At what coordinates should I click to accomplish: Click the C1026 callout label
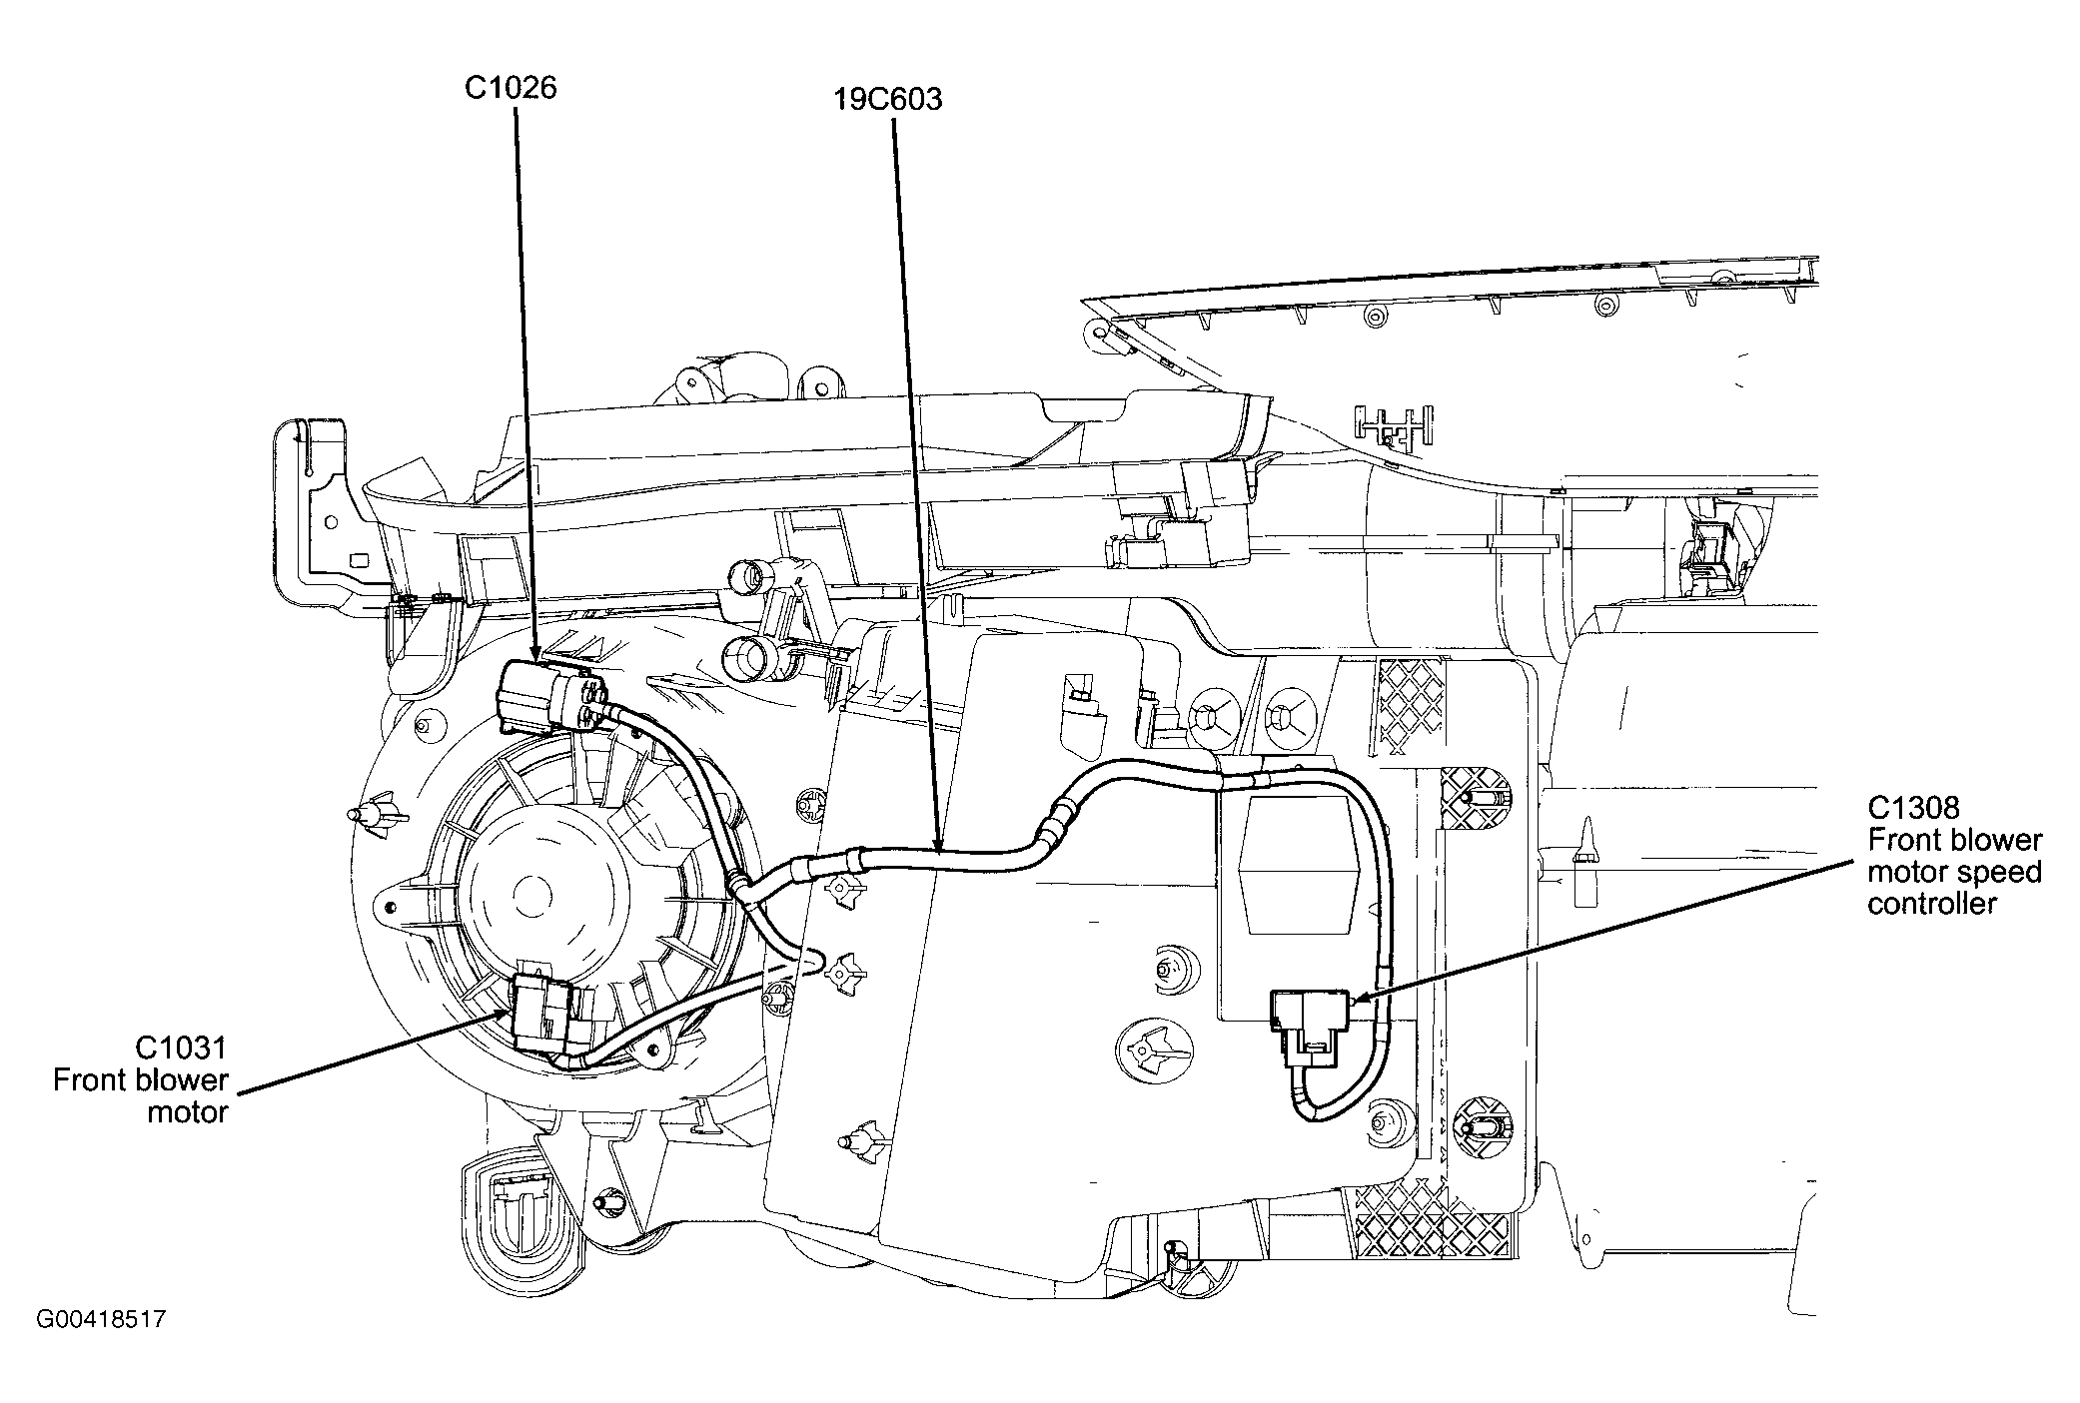click(511, 88)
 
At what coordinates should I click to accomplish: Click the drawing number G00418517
click(101, 1320)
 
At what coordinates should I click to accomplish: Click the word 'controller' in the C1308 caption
click(1931, 905)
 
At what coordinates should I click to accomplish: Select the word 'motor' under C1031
click(188, 1111)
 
